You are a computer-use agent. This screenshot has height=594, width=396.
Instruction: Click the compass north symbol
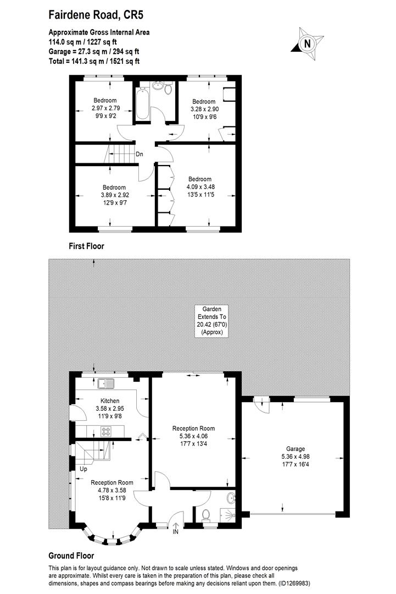tap(307, 42)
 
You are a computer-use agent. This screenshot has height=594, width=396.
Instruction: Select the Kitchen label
tap(110, 401)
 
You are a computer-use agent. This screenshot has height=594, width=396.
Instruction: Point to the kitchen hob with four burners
tap(106, 432)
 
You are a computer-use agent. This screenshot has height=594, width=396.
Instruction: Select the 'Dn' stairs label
tap(140, 155)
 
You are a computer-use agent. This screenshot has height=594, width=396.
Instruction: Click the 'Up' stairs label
tap(83, 470)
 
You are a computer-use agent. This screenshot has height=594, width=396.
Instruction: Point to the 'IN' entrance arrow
tap(176, 529)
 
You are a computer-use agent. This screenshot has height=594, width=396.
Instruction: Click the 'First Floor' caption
tap(86, 246)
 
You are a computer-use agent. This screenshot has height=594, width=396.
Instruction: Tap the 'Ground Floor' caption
tap(71, 556)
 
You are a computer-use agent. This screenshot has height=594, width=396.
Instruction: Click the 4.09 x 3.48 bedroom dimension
tap(200, 186)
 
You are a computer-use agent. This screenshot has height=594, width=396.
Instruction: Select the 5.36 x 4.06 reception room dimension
tap(193, 436)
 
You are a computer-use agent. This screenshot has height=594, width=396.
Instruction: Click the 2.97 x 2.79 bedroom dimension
tap(104, 108)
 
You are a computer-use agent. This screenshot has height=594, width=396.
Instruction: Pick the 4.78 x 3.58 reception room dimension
tap(112, 490)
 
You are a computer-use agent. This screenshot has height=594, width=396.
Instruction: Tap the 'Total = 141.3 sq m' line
tap(94, 61)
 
